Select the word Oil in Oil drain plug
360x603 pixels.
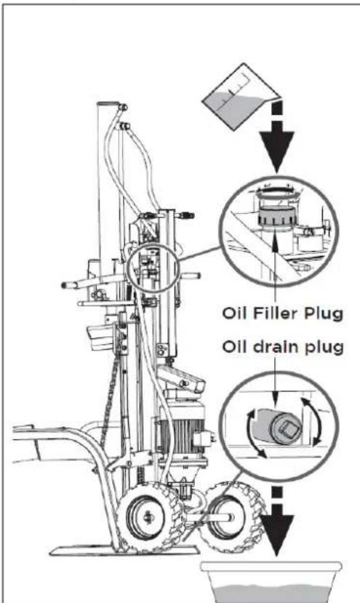[235, 347]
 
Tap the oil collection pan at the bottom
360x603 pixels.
[271, 582]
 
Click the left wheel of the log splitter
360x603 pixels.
[149, 517]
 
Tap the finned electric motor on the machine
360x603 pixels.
[182, 431]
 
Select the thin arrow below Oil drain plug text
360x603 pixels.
[275, 380]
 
